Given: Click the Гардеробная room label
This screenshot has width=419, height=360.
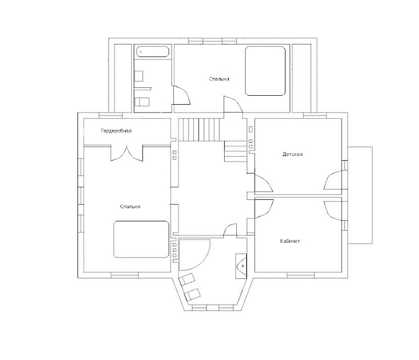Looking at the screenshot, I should [116, 130].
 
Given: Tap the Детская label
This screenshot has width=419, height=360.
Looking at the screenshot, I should [292, 154].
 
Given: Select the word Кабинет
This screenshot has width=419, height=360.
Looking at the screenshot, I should [290, 241].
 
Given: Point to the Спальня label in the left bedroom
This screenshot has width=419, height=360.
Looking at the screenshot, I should [130, 207].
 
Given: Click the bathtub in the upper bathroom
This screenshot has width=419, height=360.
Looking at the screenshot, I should [152, 52].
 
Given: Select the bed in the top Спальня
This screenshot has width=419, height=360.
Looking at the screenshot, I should [266, 71].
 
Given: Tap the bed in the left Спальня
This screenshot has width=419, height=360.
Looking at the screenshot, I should [141, 239].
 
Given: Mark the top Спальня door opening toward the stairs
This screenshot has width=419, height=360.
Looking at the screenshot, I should [232, 104].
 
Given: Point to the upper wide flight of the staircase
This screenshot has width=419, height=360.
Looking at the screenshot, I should [199, 129].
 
